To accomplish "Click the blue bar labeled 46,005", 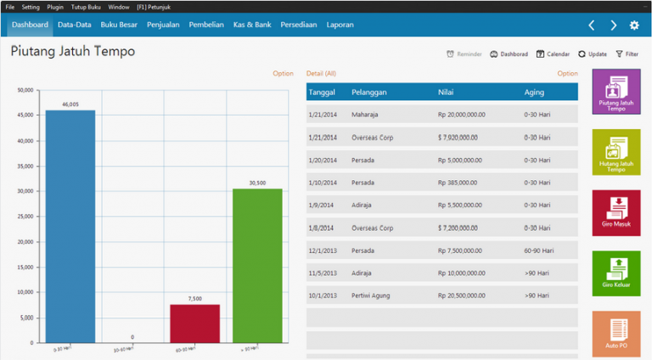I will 70,225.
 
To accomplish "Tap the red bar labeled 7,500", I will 194,323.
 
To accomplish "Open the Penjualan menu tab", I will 163,25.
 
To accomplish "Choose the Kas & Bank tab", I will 252,25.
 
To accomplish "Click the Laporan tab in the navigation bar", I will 340,25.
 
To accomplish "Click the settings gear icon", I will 633,25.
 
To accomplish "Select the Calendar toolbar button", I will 553,53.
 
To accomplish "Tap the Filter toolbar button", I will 627,53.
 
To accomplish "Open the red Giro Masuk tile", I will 616,212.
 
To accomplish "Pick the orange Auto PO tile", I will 616,333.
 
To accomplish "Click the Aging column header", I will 534,92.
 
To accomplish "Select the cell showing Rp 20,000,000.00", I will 469,115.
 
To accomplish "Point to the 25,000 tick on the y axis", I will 25,217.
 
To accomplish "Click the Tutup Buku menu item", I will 86,6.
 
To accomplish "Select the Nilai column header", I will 446,92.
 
